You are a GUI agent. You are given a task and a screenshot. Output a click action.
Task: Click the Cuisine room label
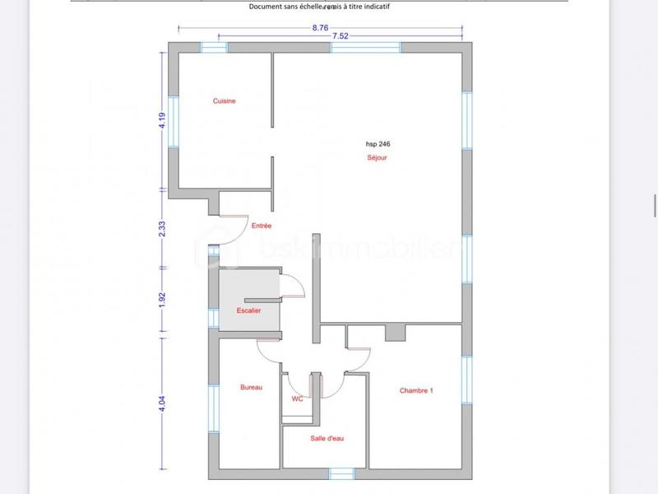(225, 101)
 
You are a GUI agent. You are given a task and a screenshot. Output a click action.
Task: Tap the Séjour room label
(378, 157)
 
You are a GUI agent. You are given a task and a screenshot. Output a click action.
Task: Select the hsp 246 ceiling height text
(378, 143)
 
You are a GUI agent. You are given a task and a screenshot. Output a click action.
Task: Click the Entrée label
(262, 226)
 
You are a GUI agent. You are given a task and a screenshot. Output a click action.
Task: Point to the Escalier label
(248, 311)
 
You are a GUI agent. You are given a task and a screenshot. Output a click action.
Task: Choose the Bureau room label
(251, 388)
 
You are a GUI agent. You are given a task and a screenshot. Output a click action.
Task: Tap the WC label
(297, 398)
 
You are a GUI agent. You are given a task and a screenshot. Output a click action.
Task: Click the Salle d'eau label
(327, 438)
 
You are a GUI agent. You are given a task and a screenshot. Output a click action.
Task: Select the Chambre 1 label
(416, 390)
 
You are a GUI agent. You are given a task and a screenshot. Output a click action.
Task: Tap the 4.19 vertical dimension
(163, 120)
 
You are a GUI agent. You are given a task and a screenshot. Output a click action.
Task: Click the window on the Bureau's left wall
(213, 408)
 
